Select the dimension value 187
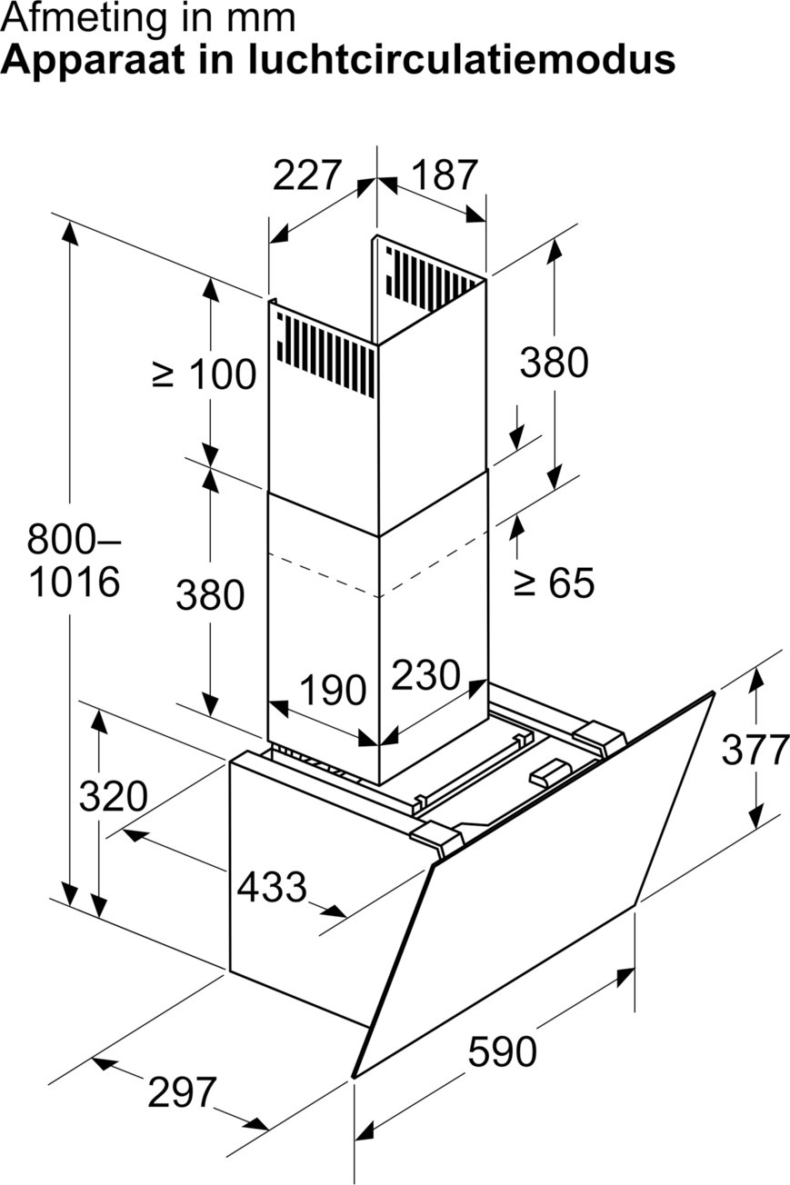point(445,175)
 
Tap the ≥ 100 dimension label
point(205,374)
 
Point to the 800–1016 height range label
point(74,560)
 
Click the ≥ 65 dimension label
point(554,583)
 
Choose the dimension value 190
point(333,690)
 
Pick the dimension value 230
point(425,674)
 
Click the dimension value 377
point(755,750)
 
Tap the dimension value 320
point(114,796)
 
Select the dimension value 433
point(272,887)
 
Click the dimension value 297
point(182,1092)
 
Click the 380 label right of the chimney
point(554,363)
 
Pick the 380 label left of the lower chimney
point(210,594)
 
